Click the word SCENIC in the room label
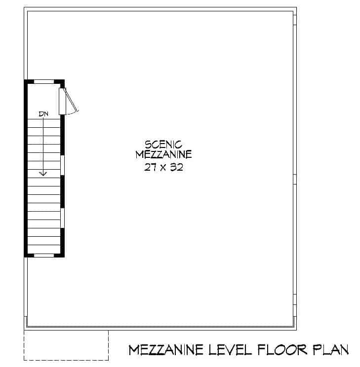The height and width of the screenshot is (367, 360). click(163, 145)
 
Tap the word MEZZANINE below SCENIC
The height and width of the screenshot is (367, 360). click(163, 155)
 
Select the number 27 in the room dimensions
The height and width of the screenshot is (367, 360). click(150, 167)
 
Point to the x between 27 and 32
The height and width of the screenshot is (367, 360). click(163, 167)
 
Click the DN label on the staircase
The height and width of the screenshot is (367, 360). click(43, 114)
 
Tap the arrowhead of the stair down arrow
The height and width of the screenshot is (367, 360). click(43, 173)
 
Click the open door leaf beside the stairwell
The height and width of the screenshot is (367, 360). click(62, 101)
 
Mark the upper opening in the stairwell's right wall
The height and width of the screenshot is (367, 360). click(63, 166)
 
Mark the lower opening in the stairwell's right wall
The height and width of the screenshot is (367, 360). click(63, 218)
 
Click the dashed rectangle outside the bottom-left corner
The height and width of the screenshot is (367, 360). click(66, 345)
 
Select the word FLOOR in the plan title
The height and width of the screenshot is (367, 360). click(280, 350)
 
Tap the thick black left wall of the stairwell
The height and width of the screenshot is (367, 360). click(26, 168)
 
